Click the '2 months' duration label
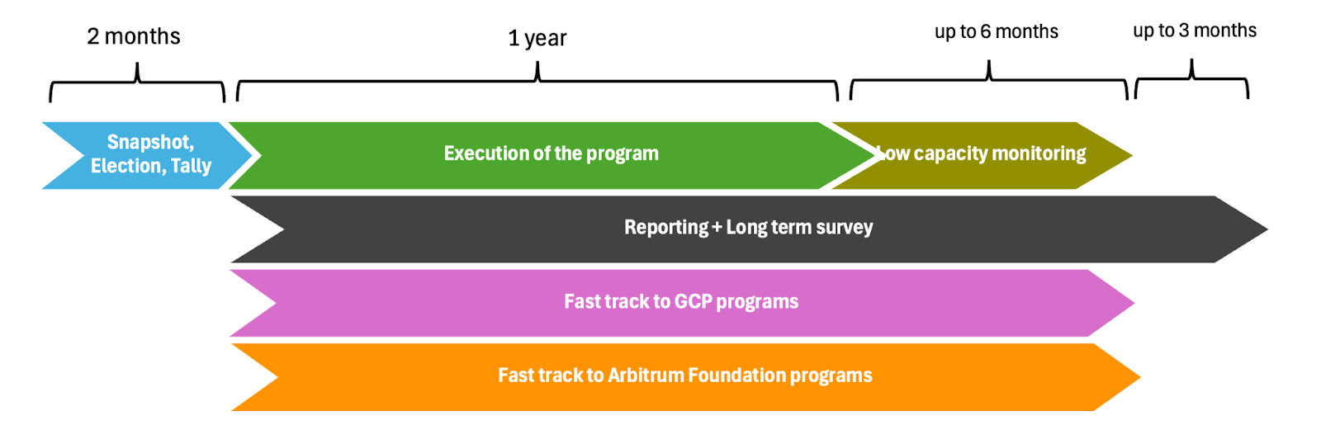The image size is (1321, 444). [x=133, y=36]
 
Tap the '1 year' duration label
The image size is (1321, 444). [x=537, y=38]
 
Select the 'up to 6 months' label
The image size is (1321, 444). [x=996, y=31]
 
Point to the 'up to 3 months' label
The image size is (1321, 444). [x=1195, y=30]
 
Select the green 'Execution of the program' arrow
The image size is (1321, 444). [x=552, y=156]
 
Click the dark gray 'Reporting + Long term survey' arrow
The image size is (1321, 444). [x=749, y=229]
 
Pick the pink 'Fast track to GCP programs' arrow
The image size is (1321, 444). [x=682, y=303]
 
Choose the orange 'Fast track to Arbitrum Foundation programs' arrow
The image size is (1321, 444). [x=685, y=377]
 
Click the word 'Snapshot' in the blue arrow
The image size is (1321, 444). [x=150, y=142]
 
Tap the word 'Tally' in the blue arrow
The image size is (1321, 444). [x=191, y=166]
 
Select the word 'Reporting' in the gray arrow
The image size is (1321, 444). [x=666, y=228]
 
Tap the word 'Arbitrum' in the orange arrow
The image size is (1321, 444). [x=646, y=375]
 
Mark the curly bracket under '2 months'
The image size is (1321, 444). [x=137, y=82]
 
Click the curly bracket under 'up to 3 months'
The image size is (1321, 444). [x=1192, y=78]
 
